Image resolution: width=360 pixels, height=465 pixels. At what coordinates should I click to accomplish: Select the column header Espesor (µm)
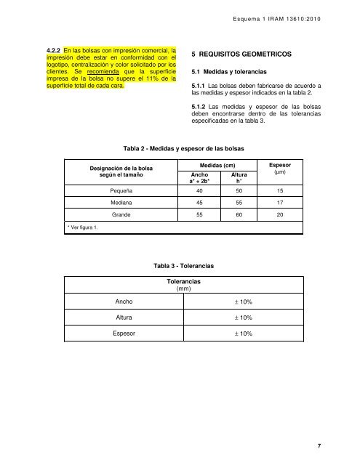click(x=280, y=170)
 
